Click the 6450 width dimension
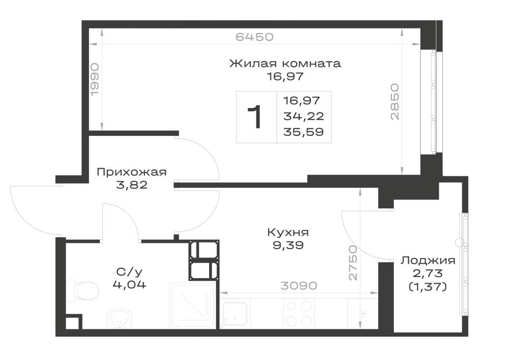click(x=254, y=37)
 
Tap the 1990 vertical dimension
click(x=95, y=80)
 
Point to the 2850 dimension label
click(x=394, y=102)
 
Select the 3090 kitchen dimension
click(x=299, y=286)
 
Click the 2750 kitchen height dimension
click(x=353, y=263)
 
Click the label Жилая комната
click(x=285, y=63)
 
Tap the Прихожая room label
click(x=131, y=172)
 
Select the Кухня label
click(x=288, y=232)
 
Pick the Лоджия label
click(x=428, y=260)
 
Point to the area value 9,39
click(x=288, y=245)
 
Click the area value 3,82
click(x=131, y=185)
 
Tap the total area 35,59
click(x=303, y=132)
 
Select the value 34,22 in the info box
click(x=303, y=116)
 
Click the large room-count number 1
click(x=255, y=117)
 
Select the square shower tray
click(x=192, y=305)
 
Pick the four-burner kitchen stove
click(x=299, y=314)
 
